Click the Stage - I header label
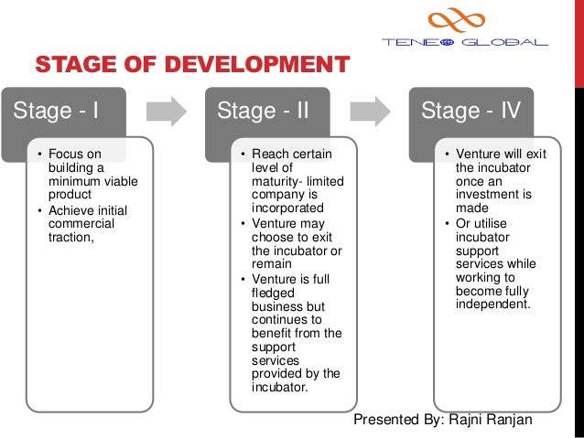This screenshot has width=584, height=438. click(x=54, y=112)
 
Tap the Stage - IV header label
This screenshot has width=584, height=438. click(x=470, y=112)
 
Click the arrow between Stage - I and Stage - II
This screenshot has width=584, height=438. click(x=167, y=112)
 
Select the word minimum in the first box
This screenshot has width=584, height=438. click(x=76, y=181)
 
